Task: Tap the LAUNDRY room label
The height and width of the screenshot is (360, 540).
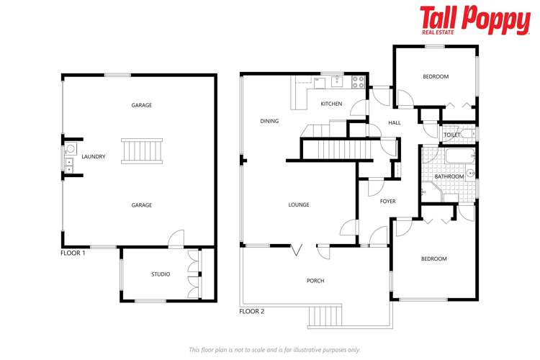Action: [x=94, y=156]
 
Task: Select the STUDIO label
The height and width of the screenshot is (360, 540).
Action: [x=160, y=274]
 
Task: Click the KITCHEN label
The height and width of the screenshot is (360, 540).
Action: [x=331, y=104]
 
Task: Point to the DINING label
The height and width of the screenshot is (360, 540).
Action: [x=269, y=122]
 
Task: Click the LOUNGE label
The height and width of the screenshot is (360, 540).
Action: [x=298, y=205]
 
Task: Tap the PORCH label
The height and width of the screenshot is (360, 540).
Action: [x=315, y=281]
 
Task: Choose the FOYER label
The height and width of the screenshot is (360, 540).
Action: [x=388, y=201]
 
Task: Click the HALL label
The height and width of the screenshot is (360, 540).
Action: [x=394, y=123]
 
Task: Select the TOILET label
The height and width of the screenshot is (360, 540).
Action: [x=451, y=135]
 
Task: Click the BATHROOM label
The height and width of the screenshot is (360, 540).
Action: [x=449, y=176]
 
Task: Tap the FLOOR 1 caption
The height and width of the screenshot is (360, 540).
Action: [x=73, y=254]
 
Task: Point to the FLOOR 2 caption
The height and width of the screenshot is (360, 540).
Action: [x=251, y=312]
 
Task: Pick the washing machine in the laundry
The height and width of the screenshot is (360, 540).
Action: [x=71, y=150]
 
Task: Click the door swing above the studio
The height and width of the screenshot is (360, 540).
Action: [x=176, y=239]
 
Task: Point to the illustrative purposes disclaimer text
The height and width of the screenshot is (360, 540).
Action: [x=274, y=349]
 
